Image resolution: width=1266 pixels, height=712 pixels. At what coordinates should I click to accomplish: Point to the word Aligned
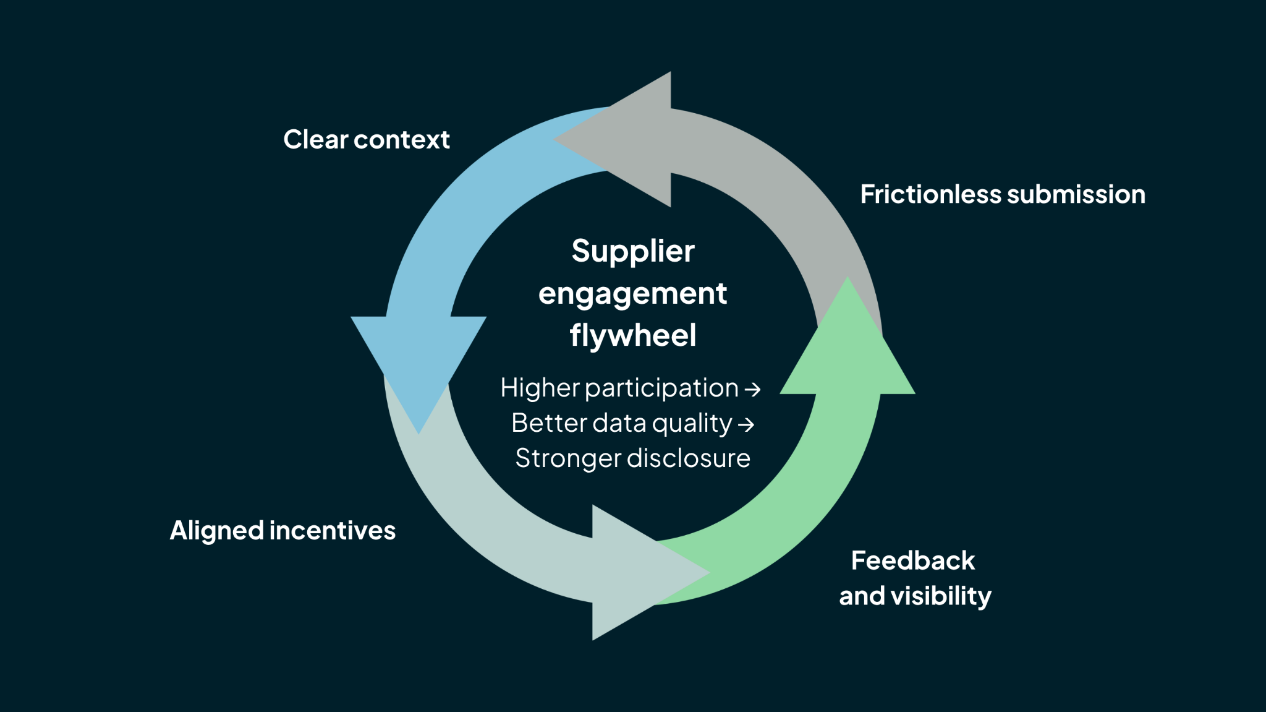(217, 531)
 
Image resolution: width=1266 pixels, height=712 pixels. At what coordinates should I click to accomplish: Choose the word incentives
(333, 531)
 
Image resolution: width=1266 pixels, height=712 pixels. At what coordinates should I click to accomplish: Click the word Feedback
(912, 560)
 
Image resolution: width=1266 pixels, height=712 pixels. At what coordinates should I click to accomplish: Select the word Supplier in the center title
(633, 252)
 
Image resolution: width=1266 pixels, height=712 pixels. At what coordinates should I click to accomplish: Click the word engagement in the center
(632, 293)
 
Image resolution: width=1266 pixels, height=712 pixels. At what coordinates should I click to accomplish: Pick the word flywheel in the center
(633, 335)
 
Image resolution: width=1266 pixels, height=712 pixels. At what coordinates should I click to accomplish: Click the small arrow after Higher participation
(752, 390)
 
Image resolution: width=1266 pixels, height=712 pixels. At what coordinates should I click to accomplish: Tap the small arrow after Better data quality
(746, 425)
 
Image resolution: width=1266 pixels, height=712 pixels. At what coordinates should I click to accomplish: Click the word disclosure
(688, 458)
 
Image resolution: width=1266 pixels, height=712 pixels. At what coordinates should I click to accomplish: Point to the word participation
(661, 388)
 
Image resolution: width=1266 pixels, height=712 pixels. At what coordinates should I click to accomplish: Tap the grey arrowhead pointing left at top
(624, 139)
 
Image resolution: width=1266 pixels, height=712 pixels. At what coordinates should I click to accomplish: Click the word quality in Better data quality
(692, 424)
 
